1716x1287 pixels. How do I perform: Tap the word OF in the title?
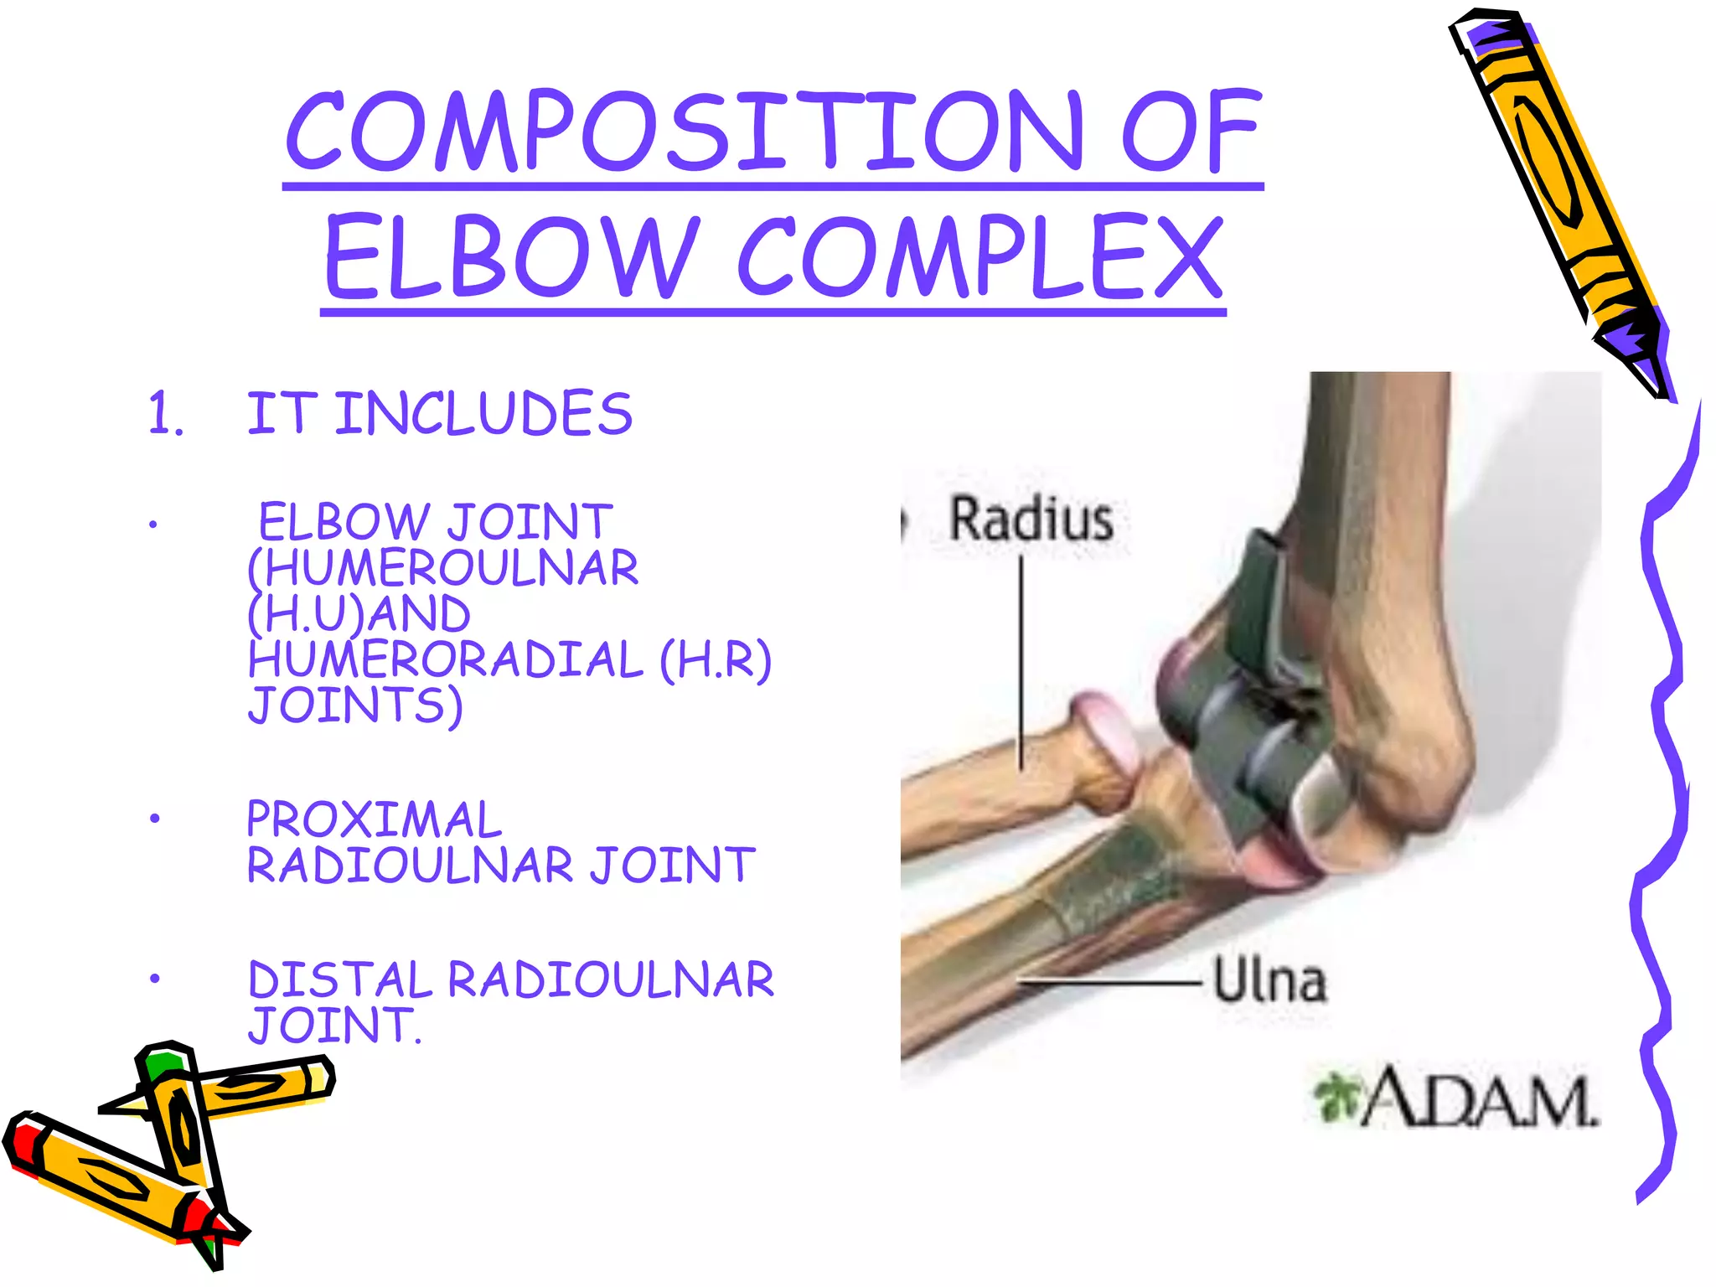[1190, 132]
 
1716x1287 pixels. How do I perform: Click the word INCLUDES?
[483, 414]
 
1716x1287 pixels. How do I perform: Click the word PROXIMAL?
[374, 819]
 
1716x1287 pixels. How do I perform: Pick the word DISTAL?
[340, 979]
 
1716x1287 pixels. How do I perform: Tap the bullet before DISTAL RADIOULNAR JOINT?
[154, 978]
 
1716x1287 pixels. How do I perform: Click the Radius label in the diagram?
[1031, 519]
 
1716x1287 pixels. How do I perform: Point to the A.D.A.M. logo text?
[1479, 1098]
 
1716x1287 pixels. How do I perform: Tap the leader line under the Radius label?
[1021, 662]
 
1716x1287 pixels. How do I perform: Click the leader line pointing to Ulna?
[1114, 982]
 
